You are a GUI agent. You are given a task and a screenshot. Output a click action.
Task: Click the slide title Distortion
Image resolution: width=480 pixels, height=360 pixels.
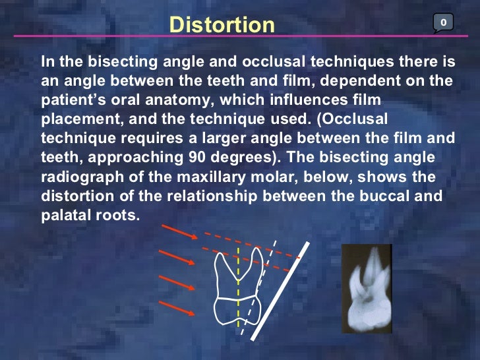tap(222, 24)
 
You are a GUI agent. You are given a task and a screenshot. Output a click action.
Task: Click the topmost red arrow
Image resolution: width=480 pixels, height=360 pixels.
tap(179, 232)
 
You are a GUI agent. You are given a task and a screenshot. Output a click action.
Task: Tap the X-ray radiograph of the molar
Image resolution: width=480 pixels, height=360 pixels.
tap(367, 288)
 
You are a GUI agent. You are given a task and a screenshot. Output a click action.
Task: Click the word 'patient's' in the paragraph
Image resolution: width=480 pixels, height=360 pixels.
tap(71, 100)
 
